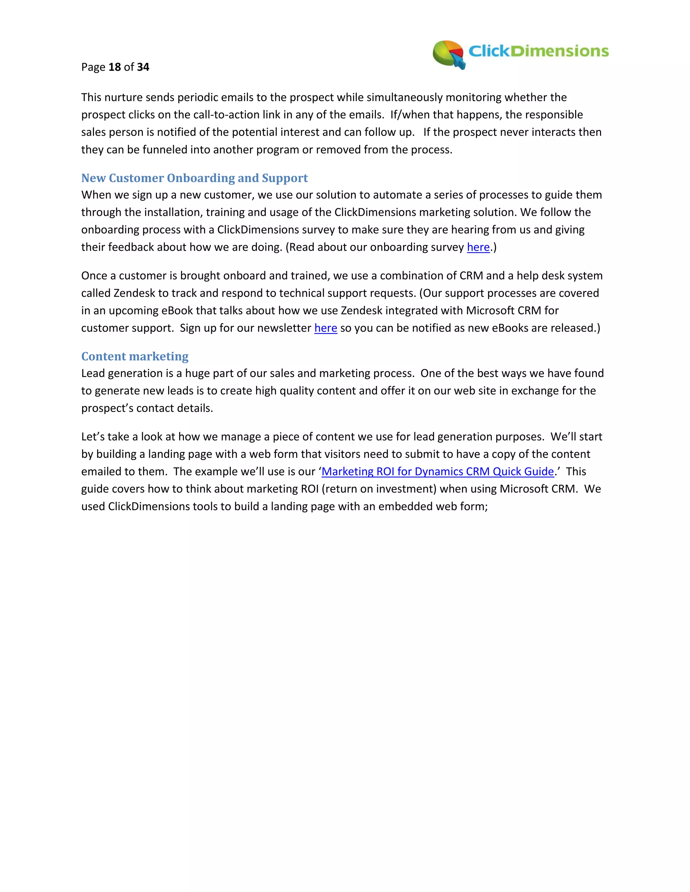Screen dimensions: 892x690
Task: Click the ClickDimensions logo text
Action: [x=538, y=51]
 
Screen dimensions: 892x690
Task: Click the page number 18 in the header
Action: [x=115, y=67]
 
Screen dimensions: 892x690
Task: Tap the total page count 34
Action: [x=143, y=67]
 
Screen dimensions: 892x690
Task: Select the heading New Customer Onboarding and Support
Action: [x=195, y=178]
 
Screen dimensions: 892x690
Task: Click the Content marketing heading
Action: [x=135, y=356]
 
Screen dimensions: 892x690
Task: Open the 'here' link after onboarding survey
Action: [x=478, y=247]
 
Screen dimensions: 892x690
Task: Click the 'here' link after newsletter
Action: [x=325, y=328]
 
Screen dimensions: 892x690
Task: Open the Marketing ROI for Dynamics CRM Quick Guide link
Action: [x=437, y=472]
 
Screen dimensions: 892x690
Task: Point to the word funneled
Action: [x=164, y=150]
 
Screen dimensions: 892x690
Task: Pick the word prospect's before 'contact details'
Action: [x=107, y=408]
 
